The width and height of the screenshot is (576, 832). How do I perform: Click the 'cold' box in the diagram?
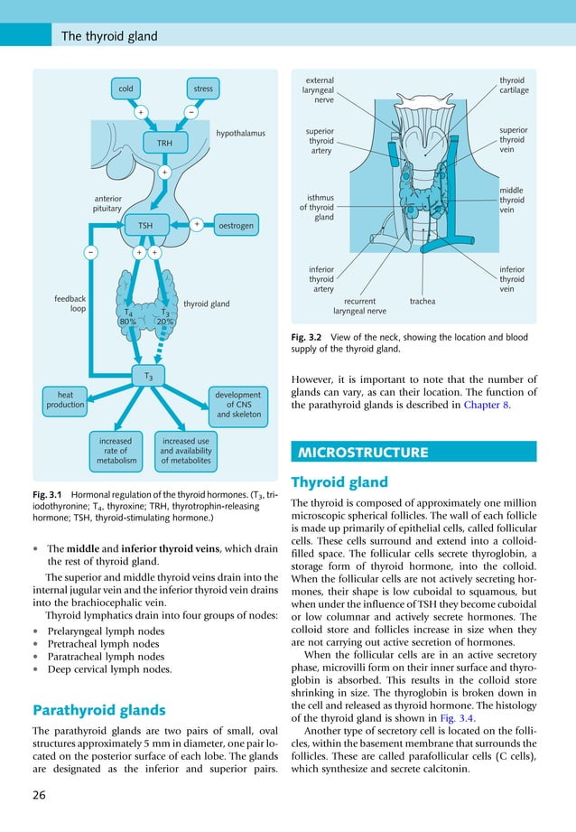(x=125, y=89)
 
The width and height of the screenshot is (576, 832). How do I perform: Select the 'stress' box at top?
(x=203, y=89)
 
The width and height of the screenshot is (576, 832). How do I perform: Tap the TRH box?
(x=164, y=143)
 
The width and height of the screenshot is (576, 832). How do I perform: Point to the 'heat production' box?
(x=65, y=400)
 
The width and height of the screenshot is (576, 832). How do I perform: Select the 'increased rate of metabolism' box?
(x=116, y=451)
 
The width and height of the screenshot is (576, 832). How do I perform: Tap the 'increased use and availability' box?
(x=185, y=451)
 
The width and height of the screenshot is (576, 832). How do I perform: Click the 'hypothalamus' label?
(x=240, y=134)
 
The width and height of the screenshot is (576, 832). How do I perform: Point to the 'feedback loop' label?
(x=70, y=303)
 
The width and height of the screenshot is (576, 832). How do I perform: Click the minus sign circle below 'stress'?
(x=191, y=113)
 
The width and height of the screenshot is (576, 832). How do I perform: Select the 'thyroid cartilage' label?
(x=514, y=86)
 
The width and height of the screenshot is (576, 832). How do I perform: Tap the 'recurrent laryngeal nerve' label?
(x=359, y=306)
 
